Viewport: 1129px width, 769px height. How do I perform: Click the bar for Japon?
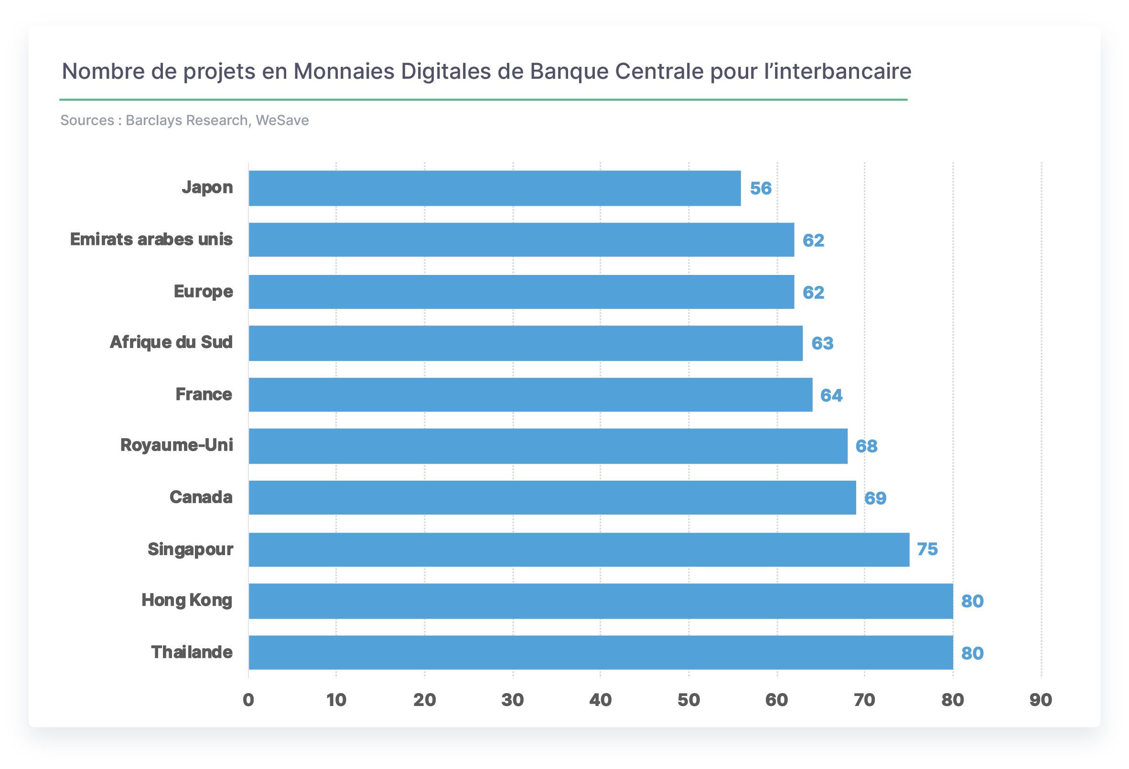pyautogui.click(x=495, y=189)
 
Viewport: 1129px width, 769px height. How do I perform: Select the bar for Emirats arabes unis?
pyautogui.click(x=521, y=240)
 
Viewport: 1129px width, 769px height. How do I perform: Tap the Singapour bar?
pyautogui.click(x=579, y=549)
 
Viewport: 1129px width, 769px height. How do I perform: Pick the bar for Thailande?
pyautogui.click(x=601, y=653)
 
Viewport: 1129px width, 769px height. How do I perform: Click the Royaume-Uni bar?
pyautogui.click(x=548, y=446)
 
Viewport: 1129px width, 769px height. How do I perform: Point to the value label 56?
pyautogui.click(x=761, y=189)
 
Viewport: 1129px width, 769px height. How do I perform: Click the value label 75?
pyautogui.click(x=927, y=549)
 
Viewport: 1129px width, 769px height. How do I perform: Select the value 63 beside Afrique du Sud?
pyautogui.click(x=822, y=344)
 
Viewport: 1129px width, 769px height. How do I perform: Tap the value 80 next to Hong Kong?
pyautogui.click(x=973, y=601)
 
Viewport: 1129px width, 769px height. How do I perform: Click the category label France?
pyautogui.click(x=204, y=395)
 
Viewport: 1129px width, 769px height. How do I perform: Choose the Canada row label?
pyautogui.click(x=201, y=497)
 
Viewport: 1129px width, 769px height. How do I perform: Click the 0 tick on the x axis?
pyautogui.click(x=248, y=700)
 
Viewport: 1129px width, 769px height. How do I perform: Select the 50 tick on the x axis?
pyautogui.click(x=689, y=700)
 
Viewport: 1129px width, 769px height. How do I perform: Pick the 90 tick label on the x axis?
pyautogui.click(x=1041, y=700)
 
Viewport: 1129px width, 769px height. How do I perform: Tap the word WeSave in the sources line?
pyautogui.click(x=282, y=120)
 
